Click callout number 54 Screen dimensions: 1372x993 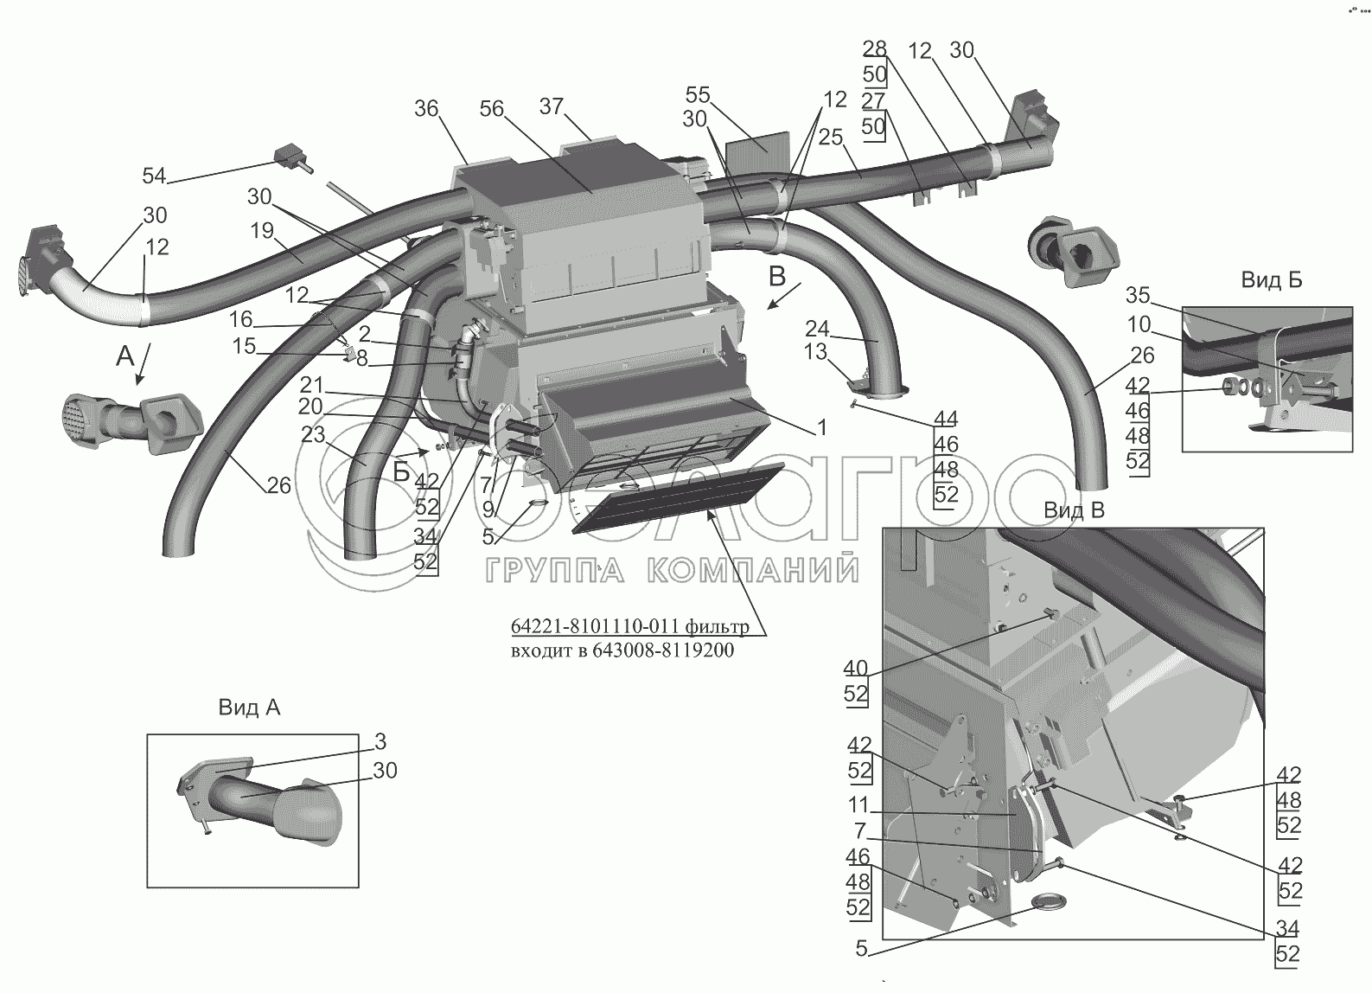(155, 176)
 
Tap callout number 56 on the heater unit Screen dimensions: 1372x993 (491, 109)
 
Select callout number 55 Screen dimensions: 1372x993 (697, 95)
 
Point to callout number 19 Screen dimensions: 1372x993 (262, 231)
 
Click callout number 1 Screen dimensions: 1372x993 (822, 428)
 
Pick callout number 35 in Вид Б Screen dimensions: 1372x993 (1138, 296)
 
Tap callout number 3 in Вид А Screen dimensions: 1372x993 (380, 741)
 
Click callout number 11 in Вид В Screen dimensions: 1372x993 (858, 804)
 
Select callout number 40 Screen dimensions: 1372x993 (856, 668)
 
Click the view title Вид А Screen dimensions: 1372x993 (249, 708)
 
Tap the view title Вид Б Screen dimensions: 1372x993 (1272, 280)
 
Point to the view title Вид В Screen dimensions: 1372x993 (1075, 510)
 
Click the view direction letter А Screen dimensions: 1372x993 (125, 356)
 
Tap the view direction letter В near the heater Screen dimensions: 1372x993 (776, 277)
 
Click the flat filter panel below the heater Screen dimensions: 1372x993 (678, 500)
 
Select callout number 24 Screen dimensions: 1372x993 (817, 330)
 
